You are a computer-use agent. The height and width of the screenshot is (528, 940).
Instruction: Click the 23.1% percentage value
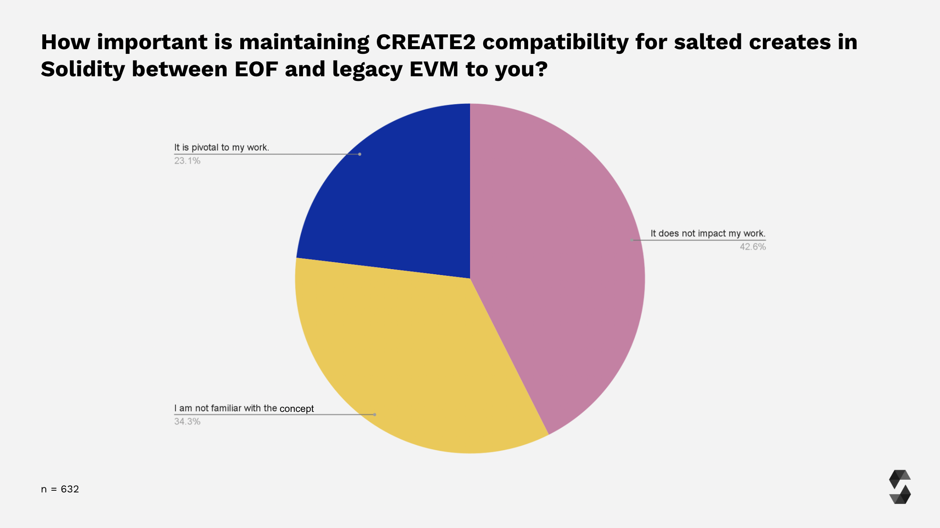tap(187, 161)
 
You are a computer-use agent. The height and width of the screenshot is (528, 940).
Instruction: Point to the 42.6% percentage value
tap(753, 247)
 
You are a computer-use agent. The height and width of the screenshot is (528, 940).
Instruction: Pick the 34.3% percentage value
tap(187, 422)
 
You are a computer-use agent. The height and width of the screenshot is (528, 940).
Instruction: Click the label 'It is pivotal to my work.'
tap(221, 147)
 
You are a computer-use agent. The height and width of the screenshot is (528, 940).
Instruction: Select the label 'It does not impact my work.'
tap(708, 233)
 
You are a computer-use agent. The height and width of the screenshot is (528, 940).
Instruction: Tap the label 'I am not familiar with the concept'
tap(244, 409)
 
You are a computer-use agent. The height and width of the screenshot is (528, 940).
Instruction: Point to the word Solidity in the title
tap(83, 69)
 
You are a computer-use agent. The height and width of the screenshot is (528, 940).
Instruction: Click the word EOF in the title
tap(256, 69)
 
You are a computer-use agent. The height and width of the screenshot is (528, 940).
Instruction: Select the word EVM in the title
tap(434, 69)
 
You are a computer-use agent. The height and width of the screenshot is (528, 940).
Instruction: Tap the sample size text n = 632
tap(60, 489)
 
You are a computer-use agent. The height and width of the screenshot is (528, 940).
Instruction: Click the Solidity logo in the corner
tap(899, 487)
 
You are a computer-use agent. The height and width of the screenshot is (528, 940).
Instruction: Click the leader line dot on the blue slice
tap(360, 154)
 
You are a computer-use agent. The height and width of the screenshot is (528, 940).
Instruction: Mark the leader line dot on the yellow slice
tap(375, 414)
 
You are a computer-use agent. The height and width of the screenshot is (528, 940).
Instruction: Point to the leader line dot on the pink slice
tap(632, 240)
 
